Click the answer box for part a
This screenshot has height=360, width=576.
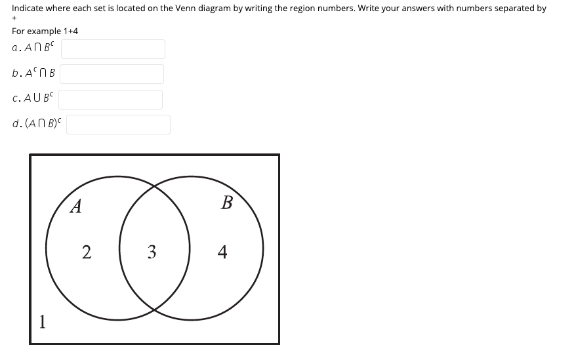pyautogui.click(x=113, y=49)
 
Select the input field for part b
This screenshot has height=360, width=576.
pyautogui.click(x=112, y=74)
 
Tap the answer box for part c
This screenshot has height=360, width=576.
pyautogui.click(x=110, y=100)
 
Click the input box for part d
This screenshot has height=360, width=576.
pyautogui.click(x=118, y=125)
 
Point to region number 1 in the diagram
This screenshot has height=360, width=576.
pyautogui.click(x=42, y=321)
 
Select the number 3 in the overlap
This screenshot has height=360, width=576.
pyautogui.click(x=152, y=252)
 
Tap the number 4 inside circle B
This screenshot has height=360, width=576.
pyautogui.click(x=223, y=252)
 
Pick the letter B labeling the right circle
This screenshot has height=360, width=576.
pyautogui.click(x=227, y=203)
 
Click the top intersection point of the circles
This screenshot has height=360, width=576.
pyautogui.click(x=155, y=186)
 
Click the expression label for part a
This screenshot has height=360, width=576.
pyautogui.click(x=33, y=49)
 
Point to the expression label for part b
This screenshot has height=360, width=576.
pyautogui.click(x=33, y=73)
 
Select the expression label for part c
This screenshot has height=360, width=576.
pyautogui.click(x=33, y=99)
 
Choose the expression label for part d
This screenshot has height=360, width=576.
pyautogui.click(x=37, y=124)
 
